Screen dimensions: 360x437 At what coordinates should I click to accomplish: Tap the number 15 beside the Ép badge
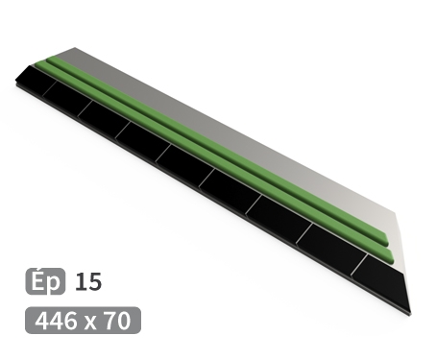(x=87, y=282)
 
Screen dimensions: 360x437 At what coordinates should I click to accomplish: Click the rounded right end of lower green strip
(x=387, y=254)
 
